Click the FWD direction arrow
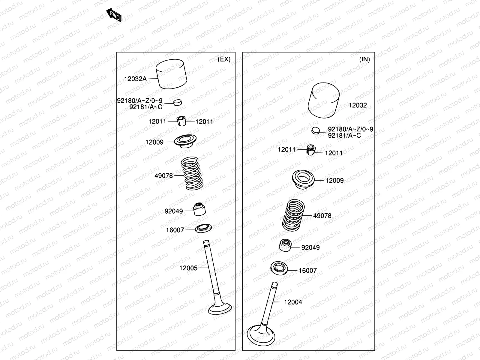114,15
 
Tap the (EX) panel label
224,59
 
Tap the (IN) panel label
364,59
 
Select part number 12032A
135,79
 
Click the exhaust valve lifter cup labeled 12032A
172,74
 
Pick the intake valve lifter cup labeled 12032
324,100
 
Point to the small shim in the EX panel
178,102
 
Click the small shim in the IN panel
315,130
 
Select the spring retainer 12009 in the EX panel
185,140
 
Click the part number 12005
188,268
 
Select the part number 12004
293,302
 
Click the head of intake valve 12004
261,336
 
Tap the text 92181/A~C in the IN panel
344,135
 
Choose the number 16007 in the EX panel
175,230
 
